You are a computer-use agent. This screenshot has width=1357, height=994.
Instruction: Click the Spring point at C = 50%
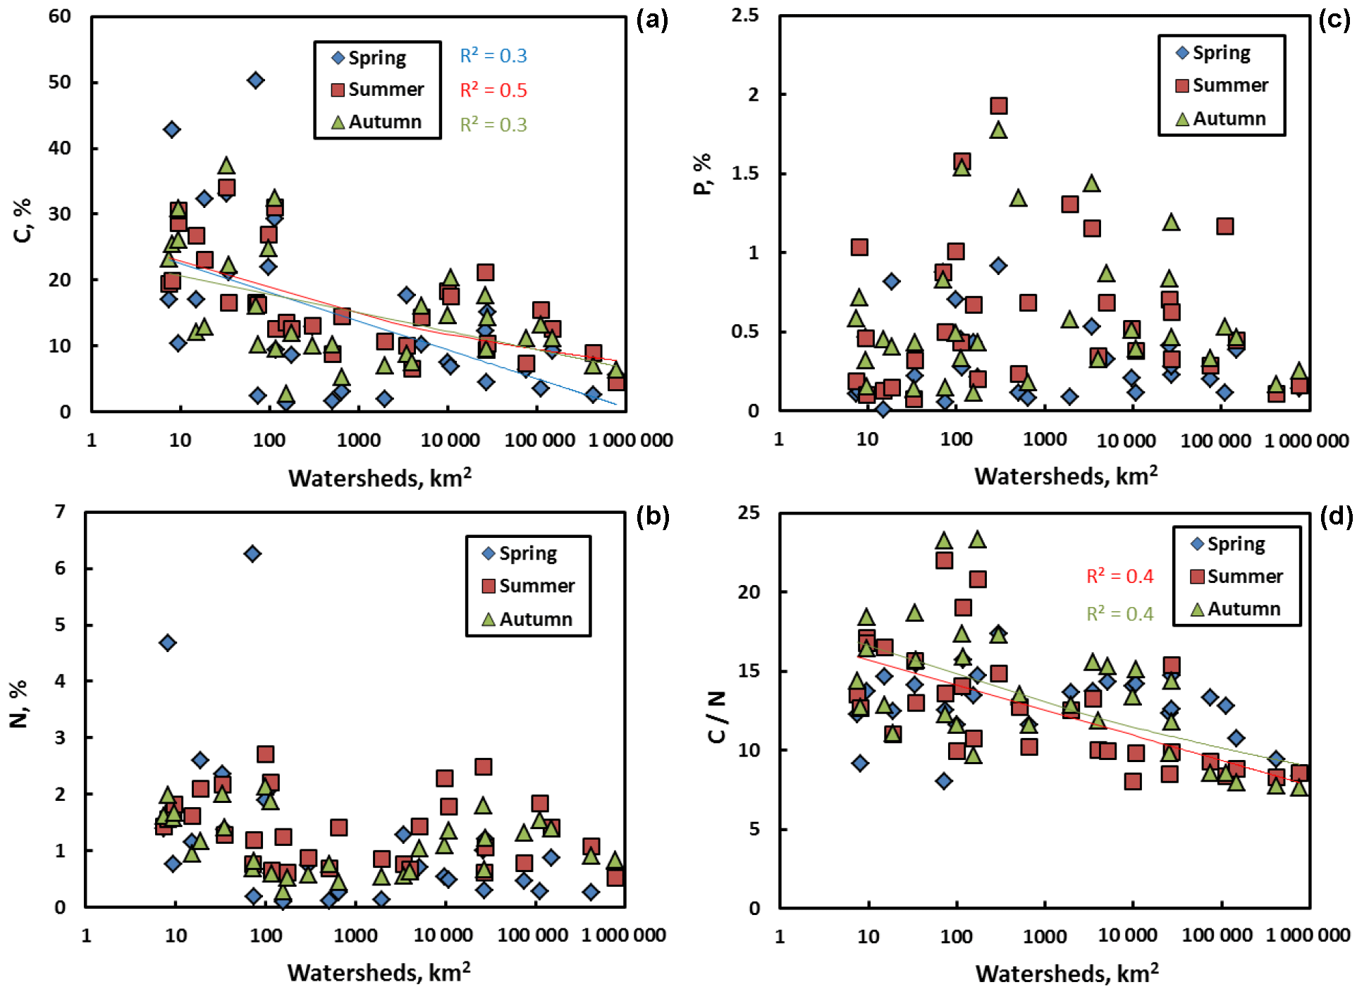(x=256, y=80)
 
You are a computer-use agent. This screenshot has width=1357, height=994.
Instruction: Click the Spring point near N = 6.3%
(x=252, y=553)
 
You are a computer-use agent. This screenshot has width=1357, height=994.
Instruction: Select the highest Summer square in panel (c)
(x=998, y=106)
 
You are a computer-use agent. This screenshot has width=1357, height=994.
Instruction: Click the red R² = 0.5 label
(x=493, y=90)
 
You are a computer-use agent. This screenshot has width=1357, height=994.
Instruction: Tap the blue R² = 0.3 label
(x=493, y=56)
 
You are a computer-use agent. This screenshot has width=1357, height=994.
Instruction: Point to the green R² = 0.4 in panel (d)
(x=1119, y=613)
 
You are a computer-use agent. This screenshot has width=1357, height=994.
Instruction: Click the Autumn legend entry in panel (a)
(x=376, y=122)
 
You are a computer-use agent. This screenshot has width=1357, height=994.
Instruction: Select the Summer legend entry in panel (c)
(x=1222, y=85)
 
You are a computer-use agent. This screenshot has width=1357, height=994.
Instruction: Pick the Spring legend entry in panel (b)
(x=520, y=553)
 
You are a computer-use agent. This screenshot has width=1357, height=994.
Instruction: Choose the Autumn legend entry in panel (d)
(x=1235, y=608)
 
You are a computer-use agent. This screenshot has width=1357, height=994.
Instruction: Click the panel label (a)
(x=651, y=20)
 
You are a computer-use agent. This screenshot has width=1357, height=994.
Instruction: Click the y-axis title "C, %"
(x=23, y=221)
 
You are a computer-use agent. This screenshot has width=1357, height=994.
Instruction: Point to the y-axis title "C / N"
(x=716, y=716)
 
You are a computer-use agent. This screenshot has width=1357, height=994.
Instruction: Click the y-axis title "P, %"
(x=703, y=174)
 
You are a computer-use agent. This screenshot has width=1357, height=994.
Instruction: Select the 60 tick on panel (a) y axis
(x=60, y=16)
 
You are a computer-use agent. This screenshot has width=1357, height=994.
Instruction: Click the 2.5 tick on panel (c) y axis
(x=745, y=15)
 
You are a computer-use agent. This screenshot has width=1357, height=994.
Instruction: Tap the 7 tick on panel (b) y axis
(x=61, y=511)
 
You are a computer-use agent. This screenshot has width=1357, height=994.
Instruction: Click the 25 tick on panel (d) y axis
(x=749, y=513)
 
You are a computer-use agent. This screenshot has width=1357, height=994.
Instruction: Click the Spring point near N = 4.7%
(x=167, y=642)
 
